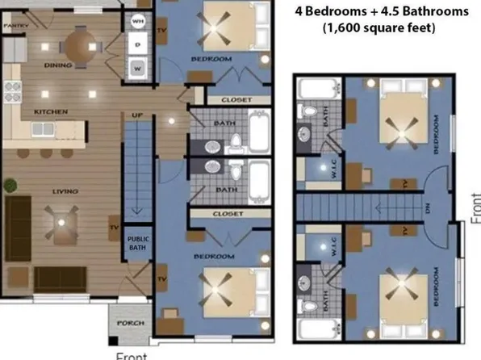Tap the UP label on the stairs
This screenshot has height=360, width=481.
coord(137,116)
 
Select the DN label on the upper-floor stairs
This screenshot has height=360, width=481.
coord(429,207)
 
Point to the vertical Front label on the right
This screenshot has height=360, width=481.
coord(475,207)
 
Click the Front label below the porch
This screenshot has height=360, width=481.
coord(130,354)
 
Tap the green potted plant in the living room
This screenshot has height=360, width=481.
coord(10,185)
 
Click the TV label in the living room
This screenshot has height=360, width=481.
coord(113,228)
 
